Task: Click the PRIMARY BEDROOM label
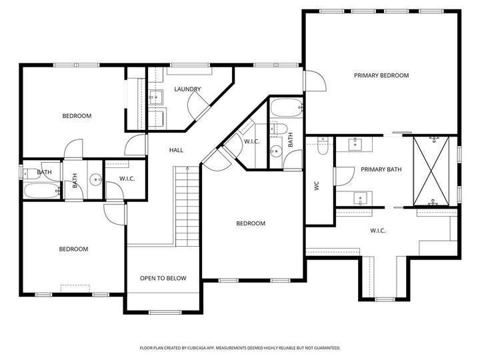click(381, 76)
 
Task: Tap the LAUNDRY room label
click(187, 89)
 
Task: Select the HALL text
click(176, 150)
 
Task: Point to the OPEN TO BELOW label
click(163, 278)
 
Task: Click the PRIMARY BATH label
click(381, 170)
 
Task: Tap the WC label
click(317, 186)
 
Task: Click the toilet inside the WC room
click(323, 146)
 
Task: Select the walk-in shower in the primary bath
click(434, 171)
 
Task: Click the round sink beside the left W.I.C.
click(95, 179)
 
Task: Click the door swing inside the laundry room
click(197, 103)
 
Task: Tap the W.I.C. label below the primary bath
click(378, 231)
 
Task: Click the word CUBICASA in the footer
click(203, 348)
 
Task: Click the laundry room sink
click(157, 97)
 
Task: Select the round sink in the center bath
click(275, 152)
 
